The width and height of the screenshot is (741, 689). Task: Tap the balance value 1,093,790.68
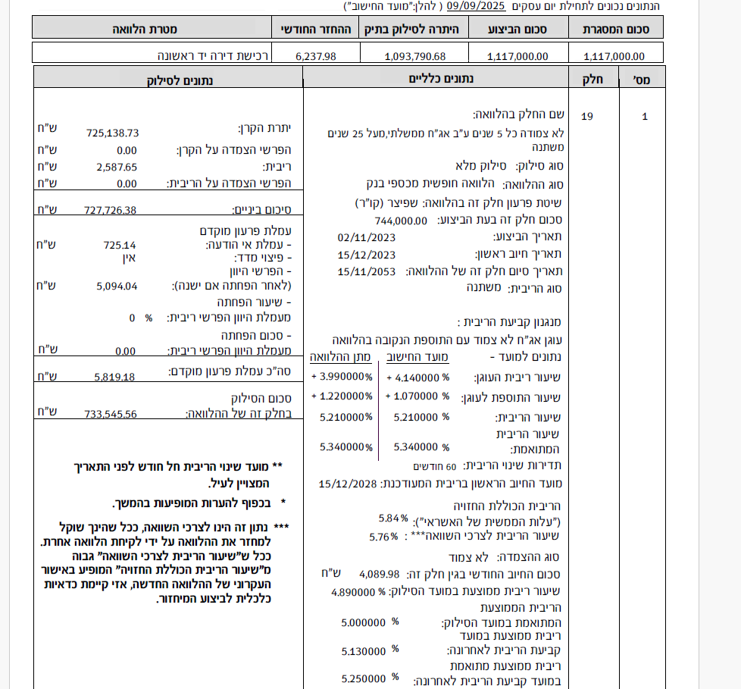pos(415,56)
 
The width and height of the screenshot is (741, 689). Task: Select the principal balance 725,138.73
pos(113,133)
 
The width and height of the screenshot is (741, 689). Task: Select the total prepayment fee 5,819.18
pos(114,375)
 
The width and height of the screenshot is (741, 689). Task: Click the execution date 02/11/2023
pos(367,237)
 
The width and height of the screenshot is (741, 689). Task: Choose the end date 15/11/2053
pos(367,271)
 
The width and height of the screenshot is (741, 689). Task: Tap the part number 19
pos(587,117)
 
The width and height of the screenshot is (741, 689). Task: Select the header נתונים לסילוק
pos(179,78)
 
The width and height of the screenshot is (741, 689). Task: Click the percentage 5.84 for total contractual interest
pos(388,519)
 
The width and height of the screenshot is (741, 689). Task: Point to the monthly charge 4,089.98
pos(379,574)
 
